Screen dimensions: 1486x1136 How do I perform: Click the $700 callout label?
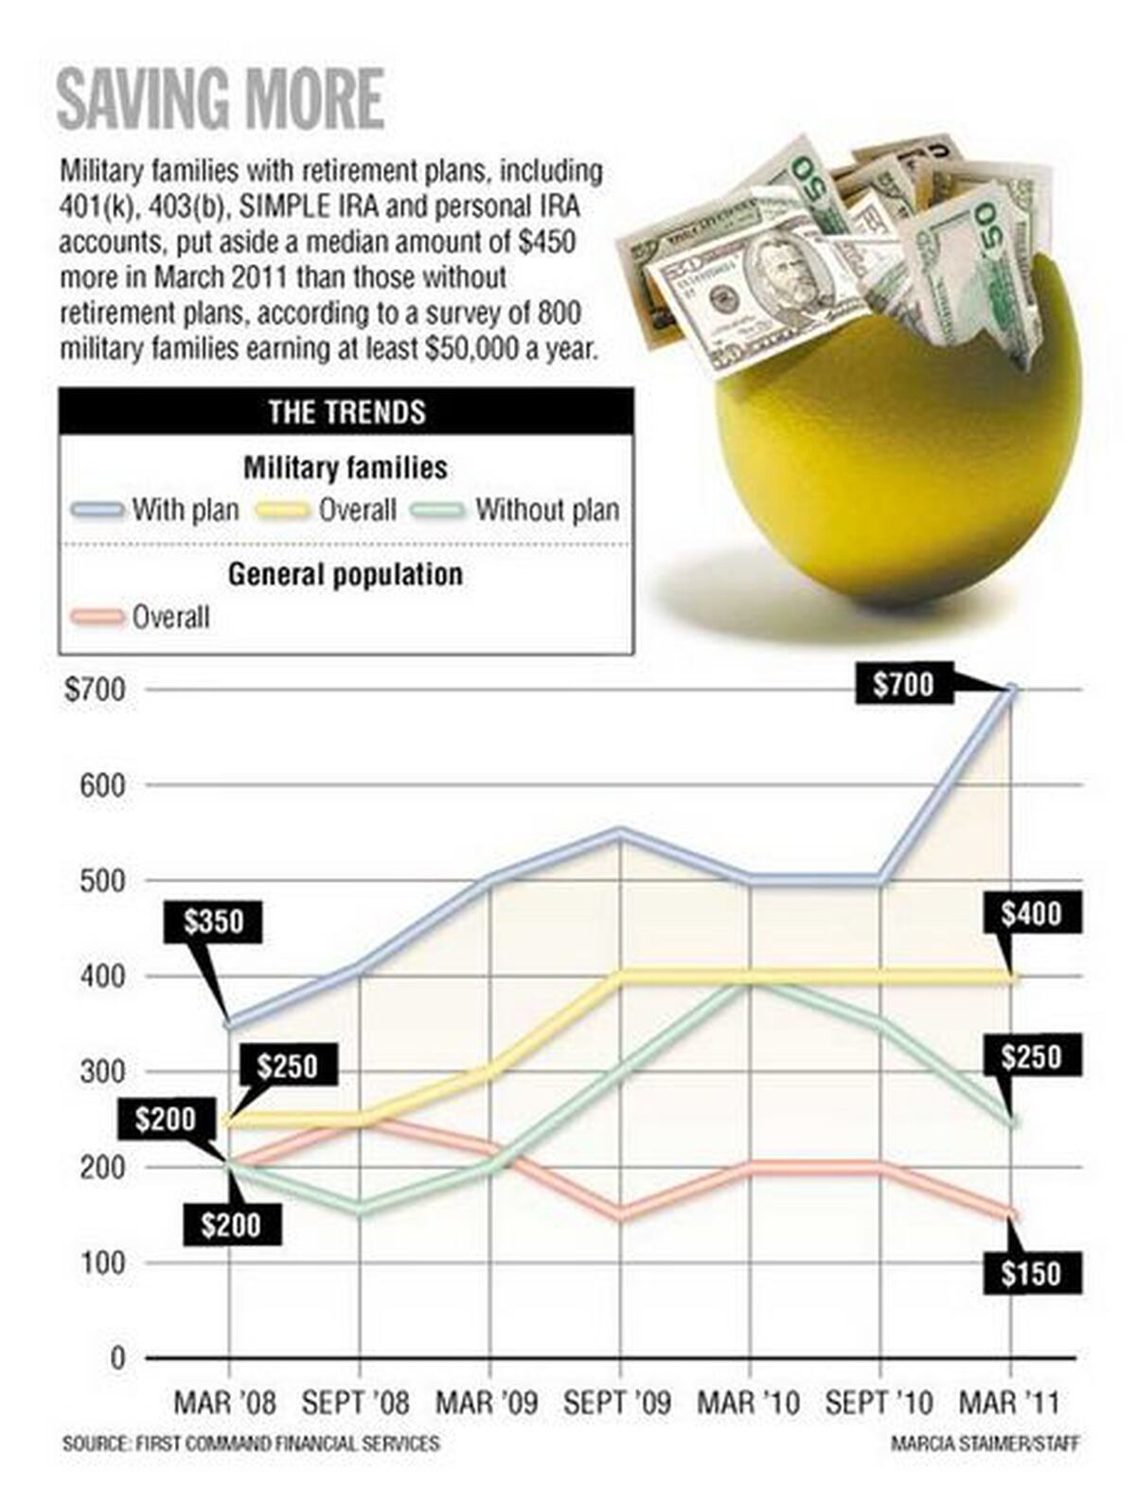903,684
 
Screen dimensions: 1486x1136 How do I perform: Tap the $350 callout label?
214,922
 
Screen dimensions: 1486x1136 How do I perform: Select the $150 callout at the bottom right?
1031,1274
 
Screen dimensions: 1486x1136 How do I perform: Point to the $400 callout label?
1031,915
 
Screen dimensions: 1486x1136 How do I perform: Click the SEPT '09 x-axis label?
617,1403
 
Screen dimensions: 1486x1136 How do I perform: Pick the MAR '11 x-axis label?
1009,1403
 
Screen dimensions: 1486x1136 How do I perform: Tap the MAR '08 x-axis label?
225,1403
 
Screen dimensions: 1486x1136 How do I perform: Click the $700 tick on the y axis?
95,689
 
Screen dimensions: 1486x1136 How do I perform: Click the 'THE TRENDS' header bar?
346,412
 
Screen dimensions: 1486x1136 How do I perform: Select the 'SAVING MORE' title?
221,98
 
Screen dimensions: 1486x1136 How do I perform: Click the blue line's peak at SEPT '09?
620,833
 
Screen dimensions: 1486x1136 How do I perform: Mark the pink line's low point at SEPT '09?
620,1214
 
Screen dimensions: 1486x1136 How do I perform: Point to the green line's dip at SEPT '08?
360,1209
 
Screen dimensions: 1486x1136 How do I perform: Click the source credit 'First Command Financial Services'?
251,1444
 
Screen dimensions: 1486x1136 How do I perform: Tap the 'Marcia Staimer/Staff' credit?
984,1444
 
